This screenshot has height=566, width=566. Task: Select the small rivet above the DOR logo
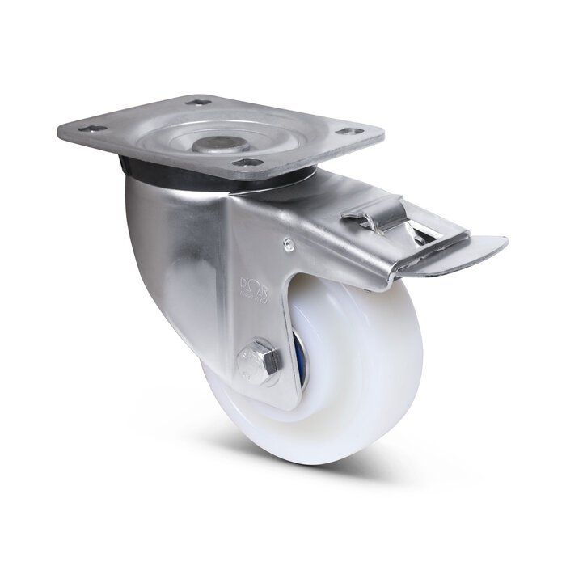tap(287, 240)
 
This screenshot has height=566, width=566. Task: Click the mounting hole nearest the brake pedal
tap(351, 131)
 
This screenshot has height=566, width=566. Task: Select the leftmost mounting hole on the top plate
tap(92, 129)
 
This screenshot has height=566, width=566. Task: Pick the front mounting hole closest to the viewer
tap(247, 163)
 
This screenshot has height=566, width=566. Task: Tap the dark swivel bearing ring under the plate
tap(137, 168)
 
